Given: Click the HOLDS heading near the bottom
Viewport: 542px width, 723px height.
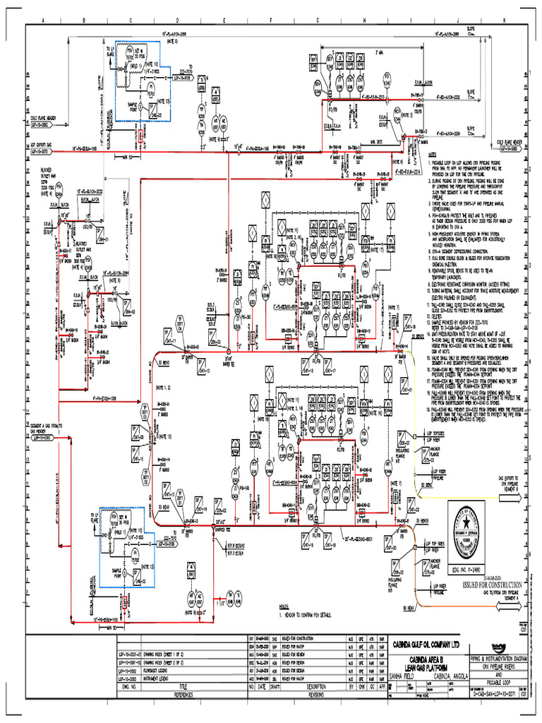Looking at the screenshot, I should tap(284, 606).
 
